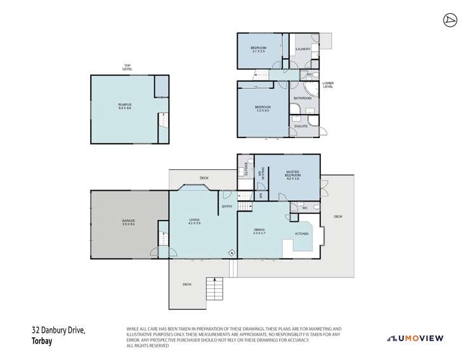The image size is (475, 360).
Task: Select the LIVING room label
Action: point(194,221)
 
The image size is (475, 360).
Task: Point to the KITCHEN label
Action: point(302,234)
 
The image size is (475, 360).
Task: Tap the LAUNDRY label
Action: point(303,48)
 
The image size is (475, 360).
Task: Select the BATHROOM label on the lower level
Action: point(302,98)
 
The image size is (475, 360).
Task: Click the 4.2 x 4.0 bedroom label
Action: point(263,108)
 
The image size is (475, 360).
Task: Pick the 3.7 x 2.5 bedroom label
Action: point(257,49)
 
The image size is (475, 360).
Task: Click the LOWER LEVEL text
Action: point(328,84)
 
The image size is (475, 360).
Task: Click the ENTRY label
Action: point(227,206)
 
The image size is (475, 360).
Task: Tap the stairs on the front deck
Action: point(215,290)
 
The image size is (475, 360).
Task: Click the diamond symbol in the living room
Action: point(231,252)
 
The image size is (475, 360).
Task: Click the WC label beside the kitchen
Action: point(304,207)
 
